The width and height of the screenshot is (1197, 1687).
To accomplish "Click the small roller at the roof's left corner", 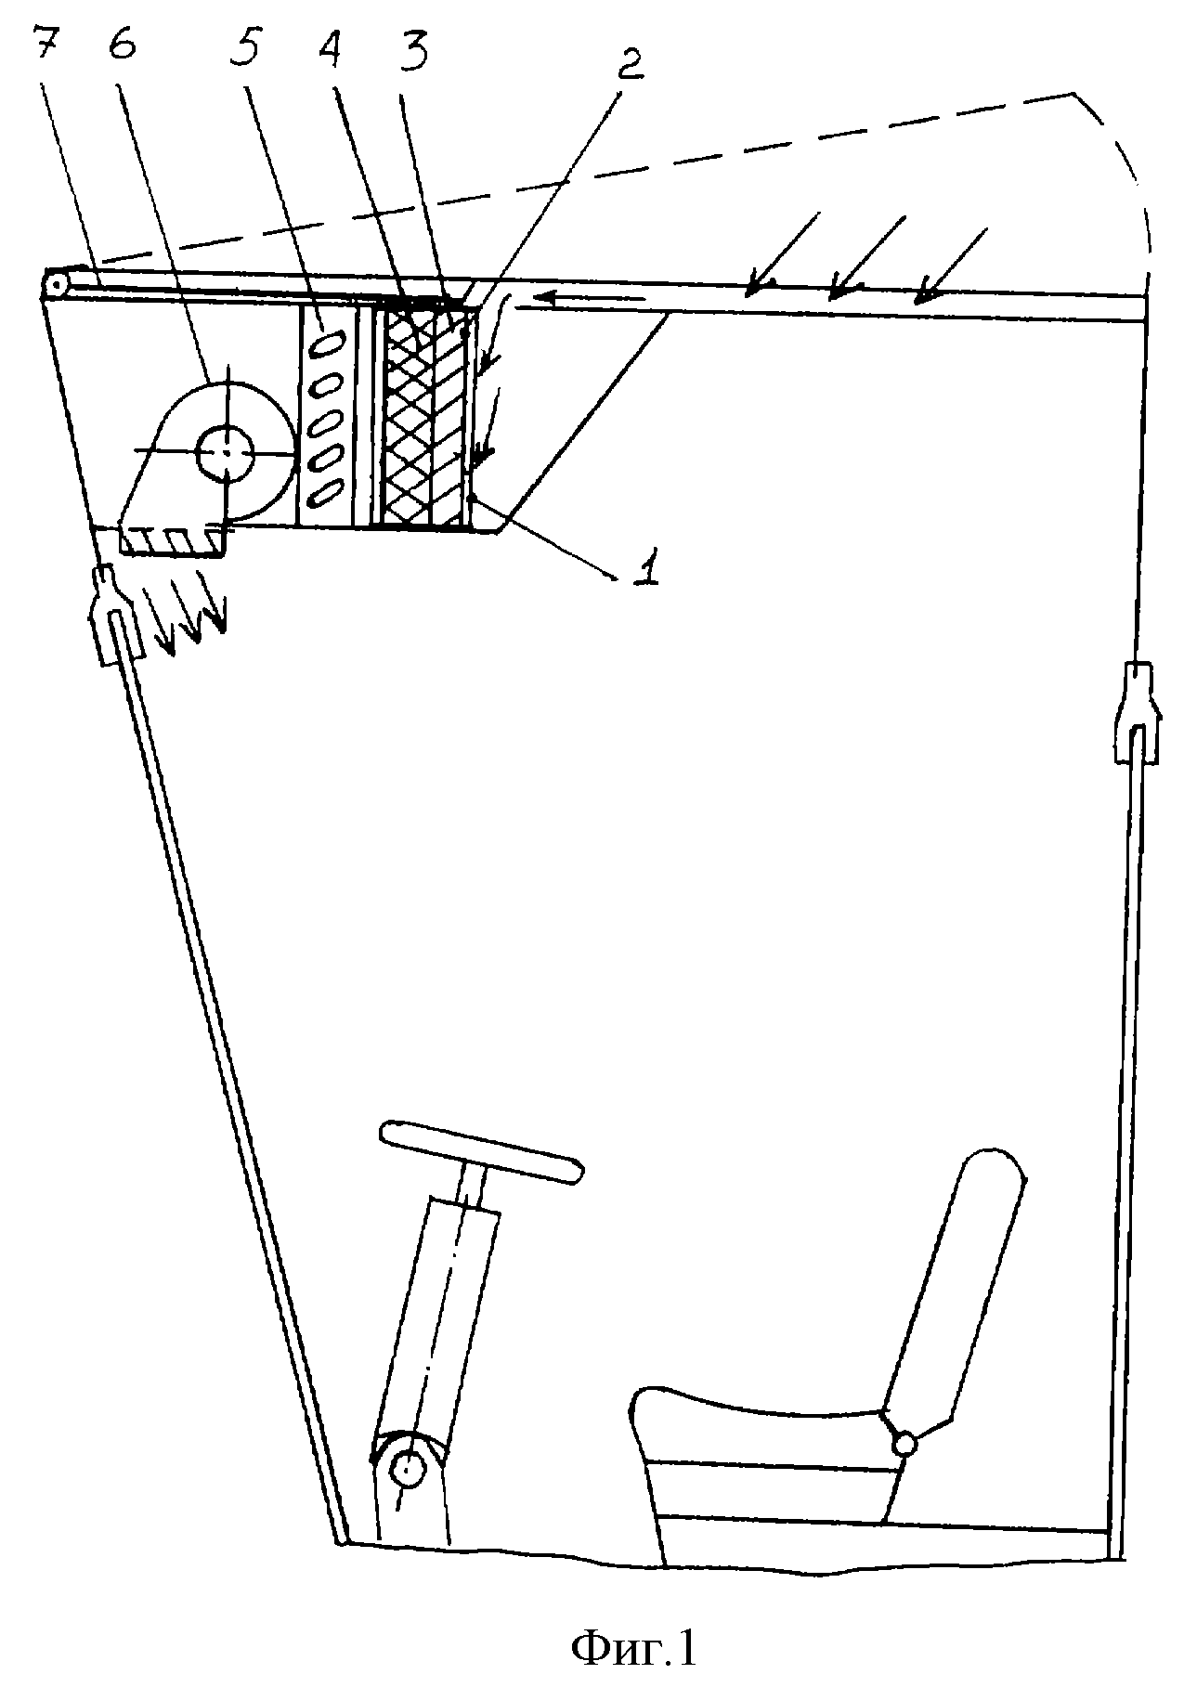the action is tap(58, 285).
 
